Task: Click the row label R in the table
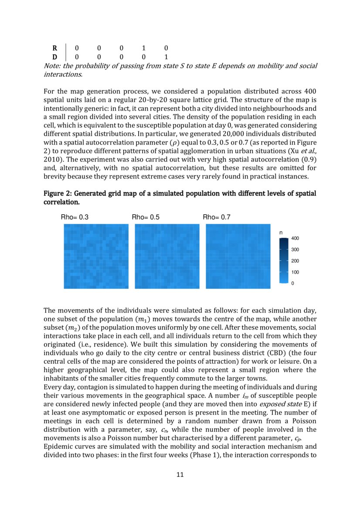click(54, 48)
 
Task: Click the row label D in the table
click(54, 57)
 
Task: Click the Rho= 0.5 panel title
click(146, 217)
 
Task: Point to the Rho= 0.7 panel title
click(217, 217)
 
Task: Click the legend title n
click(281, 233)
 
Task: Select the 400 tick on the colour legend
click(295, 239)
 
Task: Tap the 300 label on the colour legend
click(295, 250)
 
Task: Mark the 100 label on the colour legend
click(295, 272)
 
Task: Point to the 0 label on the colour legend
click(293, 283)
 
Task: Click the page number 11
click(180, 475)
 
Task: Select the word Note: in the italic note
click(52, 66)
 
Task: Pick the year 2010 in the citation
click(52, 160)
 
